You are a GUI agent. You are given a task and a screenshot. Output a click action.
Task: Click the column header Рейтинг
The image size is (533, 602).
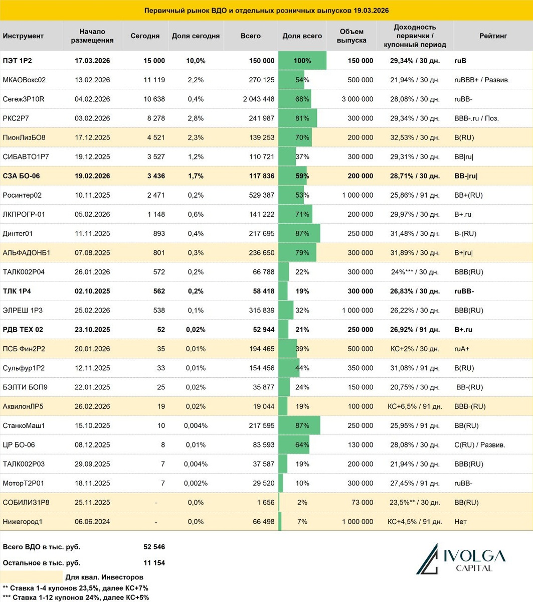[492, 36]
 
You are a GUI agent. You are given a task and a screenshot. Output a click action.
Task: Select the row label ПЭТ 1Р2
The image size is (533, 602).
[17, 61]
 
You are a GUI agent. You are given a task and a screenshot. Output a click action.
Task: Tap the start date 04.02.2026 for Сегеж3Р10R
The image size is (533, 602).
[92, 99]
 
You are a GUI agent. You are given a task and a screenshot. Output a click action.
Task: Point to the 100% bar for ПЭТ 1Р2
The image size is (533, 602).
[302, 61]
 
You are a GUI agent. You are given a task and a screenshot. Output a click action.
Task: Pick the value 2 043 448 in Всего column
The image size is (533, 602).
[259, 99]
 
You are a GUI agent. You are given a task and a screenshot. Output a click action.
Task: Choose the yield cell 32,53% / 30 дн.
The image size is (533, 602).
[415, 137]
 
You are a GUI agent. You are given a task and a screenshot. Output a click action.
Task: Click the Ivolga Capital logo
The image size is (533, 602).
[461, 558]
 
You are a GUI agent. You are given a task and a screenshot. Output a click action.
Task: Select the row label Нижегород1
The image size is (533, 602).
[23, 522]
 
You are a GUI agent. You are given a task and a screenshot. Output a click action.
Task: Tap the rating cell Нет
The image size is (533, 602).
[460, 522]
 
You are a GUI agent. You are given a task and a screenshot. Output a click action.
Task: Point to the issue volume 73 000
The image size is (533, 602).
[360, 503]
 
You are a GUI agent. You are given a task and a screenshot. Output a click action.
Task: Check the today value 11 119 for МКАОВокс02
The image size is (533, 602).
[154, 80]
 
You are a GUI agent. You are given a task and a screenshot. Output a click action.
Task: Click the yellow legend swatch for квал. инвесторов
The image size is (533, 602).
[31, 577]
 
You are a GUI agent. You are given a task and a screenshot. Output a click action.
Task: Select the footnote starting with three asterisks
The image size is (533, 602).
[75, 597]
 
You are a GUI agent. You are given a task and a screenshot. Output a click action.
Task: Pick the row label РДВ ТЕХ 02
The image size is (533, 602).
[23, 330]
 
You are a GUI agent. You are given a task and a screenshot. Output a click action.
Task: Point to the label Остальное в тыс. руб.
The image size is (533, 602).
[42, 563]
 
